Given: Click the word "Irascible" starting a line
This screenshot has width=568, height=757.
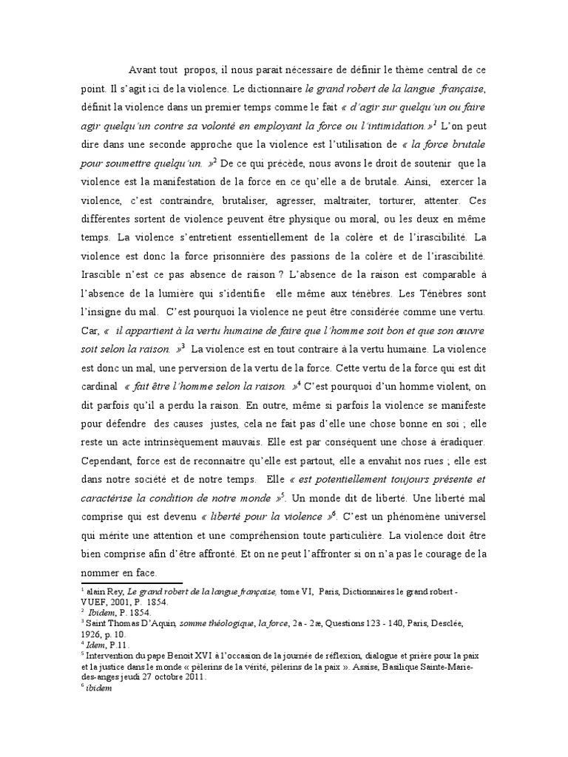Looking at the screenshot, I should [104, 274].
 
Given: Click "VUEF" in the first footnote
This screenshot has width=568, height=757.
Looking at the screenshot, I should [98, 602].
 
